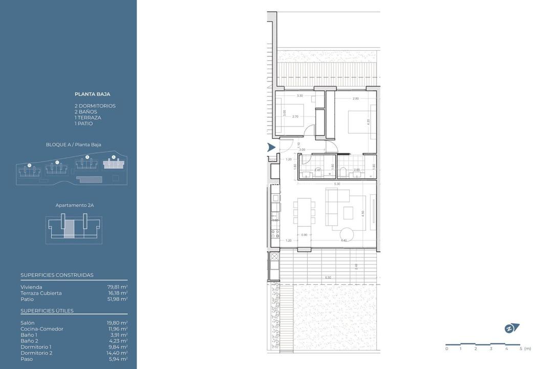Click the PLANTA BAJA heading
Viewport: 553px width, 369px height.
click(x=92, y=94)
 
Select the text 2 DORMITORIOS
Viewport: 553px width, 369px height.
click(x=95, y=106)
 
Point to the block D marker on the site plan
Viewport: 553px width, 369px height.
click(x=29, y=165)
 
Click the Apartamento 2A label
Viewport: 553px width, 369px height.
click(x=74, y=205)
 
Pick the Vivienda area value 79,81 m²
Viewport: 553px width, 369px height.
click(x=117, y=287)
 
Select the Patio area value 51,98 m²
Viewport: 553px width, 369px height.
click(x=117, y=299)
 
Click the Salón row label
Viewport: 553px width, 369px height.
click(x=28, y=323)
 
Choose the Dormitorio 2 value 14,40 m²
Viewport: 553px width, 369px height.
click(x=117, y=353)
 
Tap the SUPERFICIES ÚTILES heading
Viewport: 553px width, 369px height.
click(x=47, y=311)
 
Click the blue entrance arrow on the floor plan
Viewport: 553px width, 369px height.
click(x=271, y=148)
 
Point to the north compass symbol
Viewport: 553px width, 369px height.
click(x=512, y=329)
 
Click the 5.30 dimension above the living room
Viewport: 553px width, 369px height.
click(x=336, y=184)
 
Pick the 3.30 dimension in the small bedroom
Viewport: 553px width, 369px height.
click(x=300, y=96)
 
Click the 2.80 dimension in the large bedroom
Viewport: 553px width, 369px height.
click(x=355, y=98)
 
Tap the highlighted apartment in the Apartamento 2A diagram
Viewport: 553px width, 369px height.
click(x=69, y=230)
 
